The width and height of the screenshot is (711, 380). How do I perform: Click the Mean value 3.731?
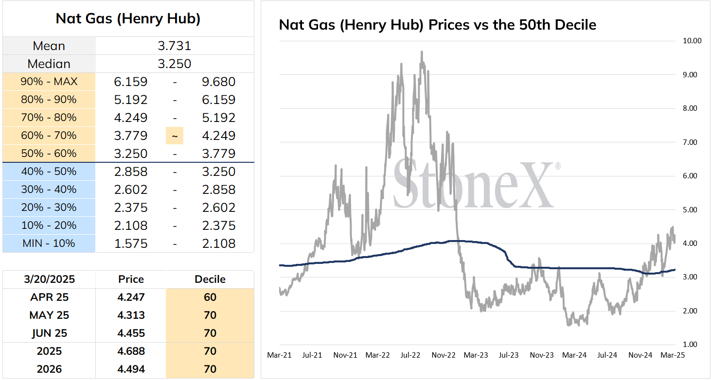(174, 46)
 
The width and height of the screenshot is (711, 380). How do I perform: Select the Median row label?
(49, 64)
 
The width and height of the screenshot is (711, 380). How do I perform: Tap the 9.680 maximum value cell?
(218, 82)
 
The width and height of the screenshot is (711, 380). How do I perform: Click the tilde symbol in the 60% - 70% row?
(175, 136)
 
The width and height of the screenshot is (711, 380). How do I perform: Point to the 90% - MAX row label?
(49, 82)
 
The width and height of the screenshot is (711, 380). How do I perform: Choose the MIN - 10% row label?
(49, 243)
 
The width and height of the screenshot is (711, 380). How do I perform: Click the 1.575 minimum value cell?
(131, 243)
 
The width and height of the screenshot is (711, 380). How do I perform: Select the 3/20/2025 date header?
(49, 279)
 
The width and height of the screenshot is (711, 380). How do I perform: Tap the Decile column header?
(210, 279)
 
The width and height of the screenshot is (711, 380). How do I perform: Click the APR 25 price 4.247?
(131, 297)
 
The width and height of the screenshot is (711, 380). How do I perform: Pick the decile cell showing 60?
(210, 297)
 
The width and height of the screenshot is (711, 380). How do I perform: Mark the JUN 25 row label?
(49, 333)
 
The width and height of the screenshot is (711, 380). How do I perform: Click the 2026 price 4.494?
(131, 369)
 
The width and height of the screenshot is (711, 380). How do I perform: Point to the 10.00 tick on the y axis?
(692, 41)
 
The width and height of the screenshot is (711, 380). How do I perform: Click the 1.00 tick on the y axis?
(690, 344)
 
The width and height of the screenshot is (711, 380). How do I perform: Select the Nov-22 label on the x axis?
(444, 355)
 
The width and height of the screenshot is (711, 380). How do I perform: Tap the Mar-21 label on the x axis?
(279, 355)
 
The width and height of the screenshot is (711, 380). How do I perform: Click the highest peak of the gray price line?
(422, 52)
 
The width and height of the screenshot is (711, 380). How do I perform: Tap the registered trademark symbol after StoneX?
(558, 166)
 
